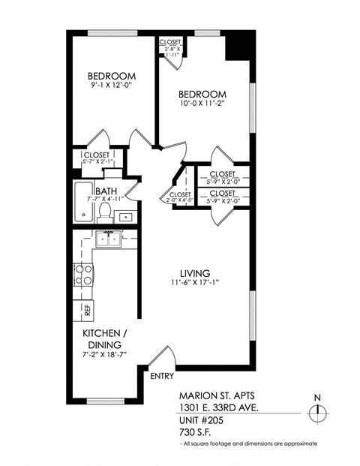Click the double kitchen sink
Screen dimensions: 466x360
click(109, 241)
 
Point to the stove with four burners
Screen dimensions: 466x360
click(83, 275)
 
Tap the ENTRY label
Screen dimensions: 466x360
click(163, 375)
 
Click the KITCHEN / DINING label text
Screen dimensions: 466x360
click(103, 338)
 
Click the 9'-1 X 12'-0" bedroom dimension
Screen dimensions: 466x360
click(112, 86)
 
